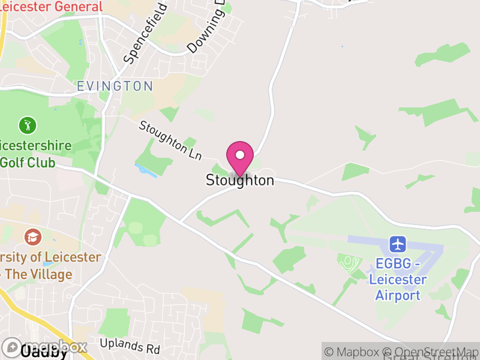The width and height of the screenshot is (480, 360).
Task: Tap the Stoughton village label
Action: [240, 180]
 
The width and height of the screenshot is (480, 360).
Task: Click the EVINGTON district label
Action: [115, 86]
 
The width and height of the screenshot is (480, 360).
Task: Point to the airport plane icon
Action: [398, 244]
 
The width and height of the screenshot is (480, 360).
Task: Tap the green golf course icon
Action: [28, 125]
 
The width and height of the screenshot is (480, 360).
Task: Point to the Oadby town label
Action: [44, 352]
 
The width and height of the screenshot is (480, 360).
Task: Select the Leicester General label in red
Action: [51, 7]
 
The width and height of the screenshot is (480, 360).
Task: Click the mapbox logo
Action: [45, 347]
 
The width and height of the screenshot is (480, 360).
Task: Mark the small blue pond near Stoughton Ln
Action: [146, 170]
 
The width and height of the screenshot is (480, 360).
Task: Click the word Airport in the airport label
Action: [398, 295]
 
